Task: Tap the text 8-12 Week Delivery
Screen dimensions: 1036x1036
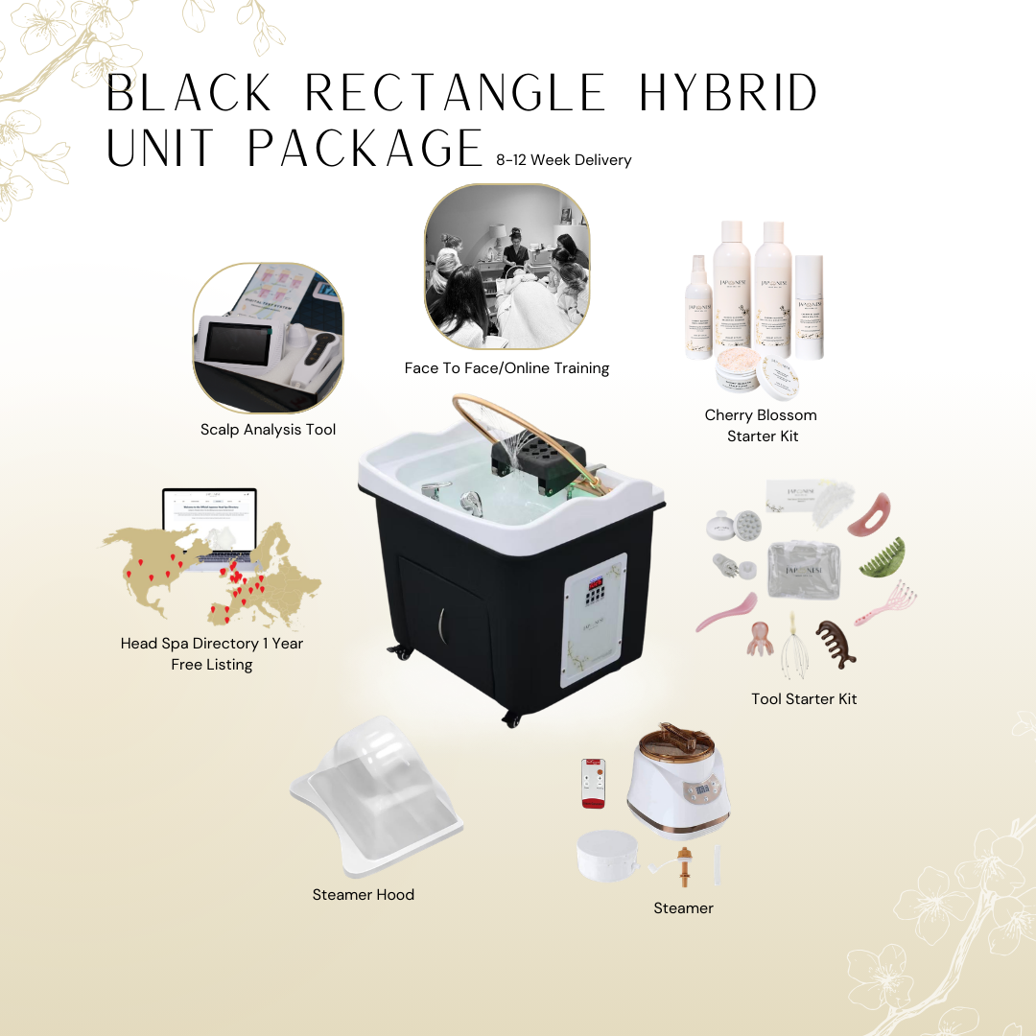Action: pyautogui.click(x=564, y=160)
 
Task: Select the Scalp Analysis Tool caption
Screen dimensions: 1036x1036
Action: pyautogui.click(x=269, y=430)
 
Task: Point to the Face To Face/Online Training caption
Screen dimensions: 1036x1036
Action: pyautogui.click(x=506, y=368)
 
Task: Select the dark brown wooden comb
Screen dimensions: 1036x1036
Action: pyautogui.click(x=835, y=642)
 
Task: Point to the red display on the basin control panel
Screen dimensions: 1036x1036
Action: pyautogui.click(x=595, y=581)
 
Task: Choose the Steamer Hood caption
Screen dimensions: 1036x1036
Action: pyautogui.click(x=364, y=895)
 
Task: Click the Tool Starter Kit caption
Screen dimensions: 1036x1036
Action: pyautogui.click(x=804, y=699)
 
